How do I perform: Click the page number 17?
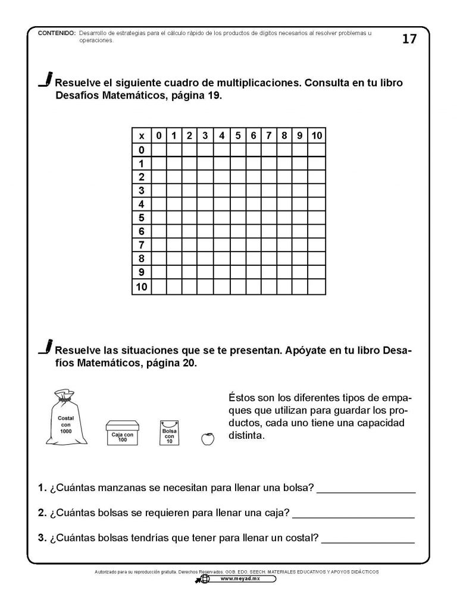coord(409,39)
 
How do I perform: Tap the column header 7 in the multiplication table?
coord(269,136)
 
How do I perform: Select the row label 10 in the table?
coord(142,287)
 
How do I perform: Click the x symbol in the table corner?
coord(142,136)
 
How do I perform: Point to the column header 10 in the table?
coord(317,136)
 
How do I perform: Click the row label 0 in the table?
coord(142,149)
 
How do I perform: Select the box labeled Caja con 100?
coord(121,432)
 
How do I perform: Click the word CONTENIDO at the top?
coord(56,33)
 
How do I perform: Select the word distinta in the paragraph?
coord(245,435)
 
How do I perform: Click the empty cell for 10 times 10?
coord(317,287)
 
